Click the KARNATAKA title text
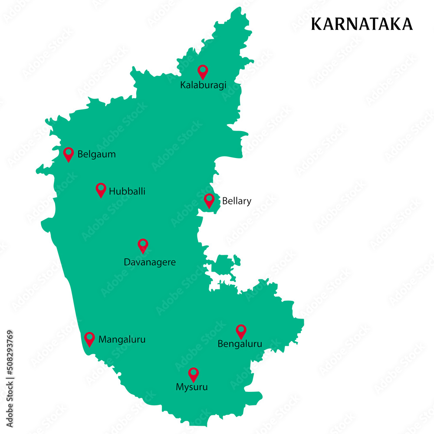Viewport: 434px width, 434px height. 362,24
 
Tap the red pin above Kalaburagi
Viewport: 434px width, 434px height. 203,71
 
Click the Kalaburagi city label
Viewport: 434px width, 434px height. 203,85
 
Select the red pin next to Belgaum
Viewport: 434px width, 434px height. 69,154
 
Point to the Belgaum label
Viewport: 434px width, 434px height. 96,154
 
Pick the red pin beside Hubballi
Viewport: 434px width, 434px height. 101,189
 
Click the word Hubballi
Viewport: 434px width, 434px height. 127,191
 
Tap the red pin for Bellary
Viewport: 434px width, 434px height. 209,200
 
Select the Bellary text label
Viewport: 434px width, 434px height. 237,201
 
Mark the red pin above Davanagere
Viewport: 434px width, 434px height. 143,245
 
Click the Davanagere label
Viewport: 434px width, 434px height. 150,262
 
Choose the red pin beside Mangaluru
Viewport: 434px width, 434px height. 89,339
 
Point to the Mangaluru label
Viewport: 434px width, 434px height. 122,339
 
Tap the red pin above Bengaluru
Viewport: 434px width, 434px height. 241,331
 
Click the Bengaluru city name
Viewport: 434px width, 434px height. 240,344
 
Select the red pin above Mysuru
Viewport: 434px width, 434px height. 193,374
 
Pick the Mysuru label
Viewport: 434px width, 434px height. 192,387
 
